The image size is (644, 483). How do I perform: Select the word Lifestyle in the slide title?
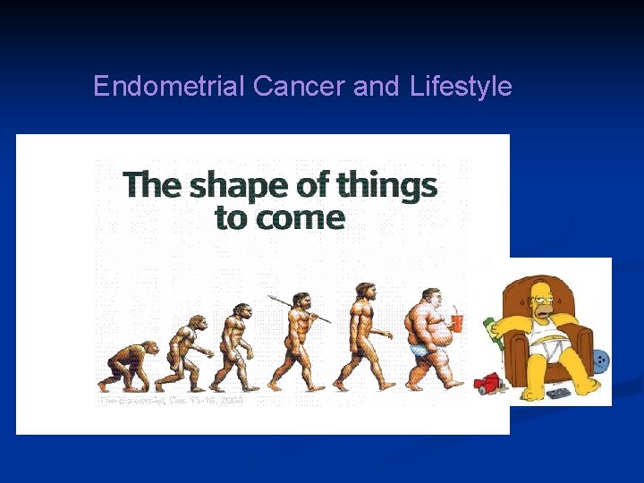click(461, 86)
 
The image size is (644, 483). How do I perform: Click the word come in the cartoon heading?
click(305, 217)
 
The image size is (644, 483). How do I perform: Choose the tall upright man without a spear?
click(364, 335)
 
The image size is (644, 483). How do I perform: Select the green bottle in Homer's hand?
click(490, 332)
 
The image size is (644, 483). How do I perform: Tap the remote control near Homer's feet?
click(559, 393)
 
